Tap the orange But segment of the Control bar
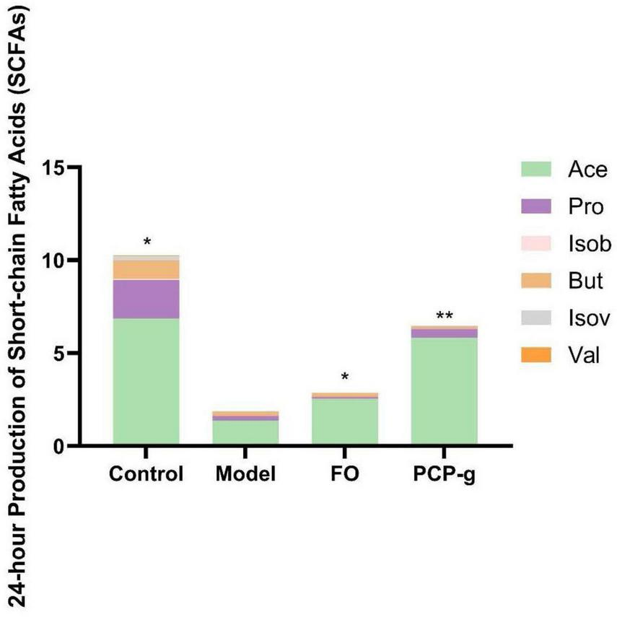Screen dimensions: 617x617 coord(146,269)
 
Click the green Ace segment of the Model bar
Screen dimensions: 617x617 coord(245,432)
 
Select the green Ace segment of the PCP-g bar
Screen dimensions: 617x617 coord(444,390)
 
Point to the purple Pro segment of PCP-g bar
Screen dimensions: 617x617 coord(444,333)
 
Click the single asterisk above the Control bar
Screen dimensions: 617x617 coord(147,242)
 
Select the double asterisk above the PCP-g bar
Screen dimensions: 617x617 coord(444,315)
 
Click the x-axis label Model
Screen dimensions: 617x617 coord(245,474)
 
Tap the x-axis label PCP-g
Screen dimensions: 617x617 coord(444,474)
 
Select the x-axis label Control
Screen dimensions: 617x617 coord(146,474)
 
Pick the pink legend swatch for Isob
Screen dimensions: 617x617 coord(538,244)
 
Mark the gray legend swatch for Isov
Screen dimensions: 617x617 coord(538,318)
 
